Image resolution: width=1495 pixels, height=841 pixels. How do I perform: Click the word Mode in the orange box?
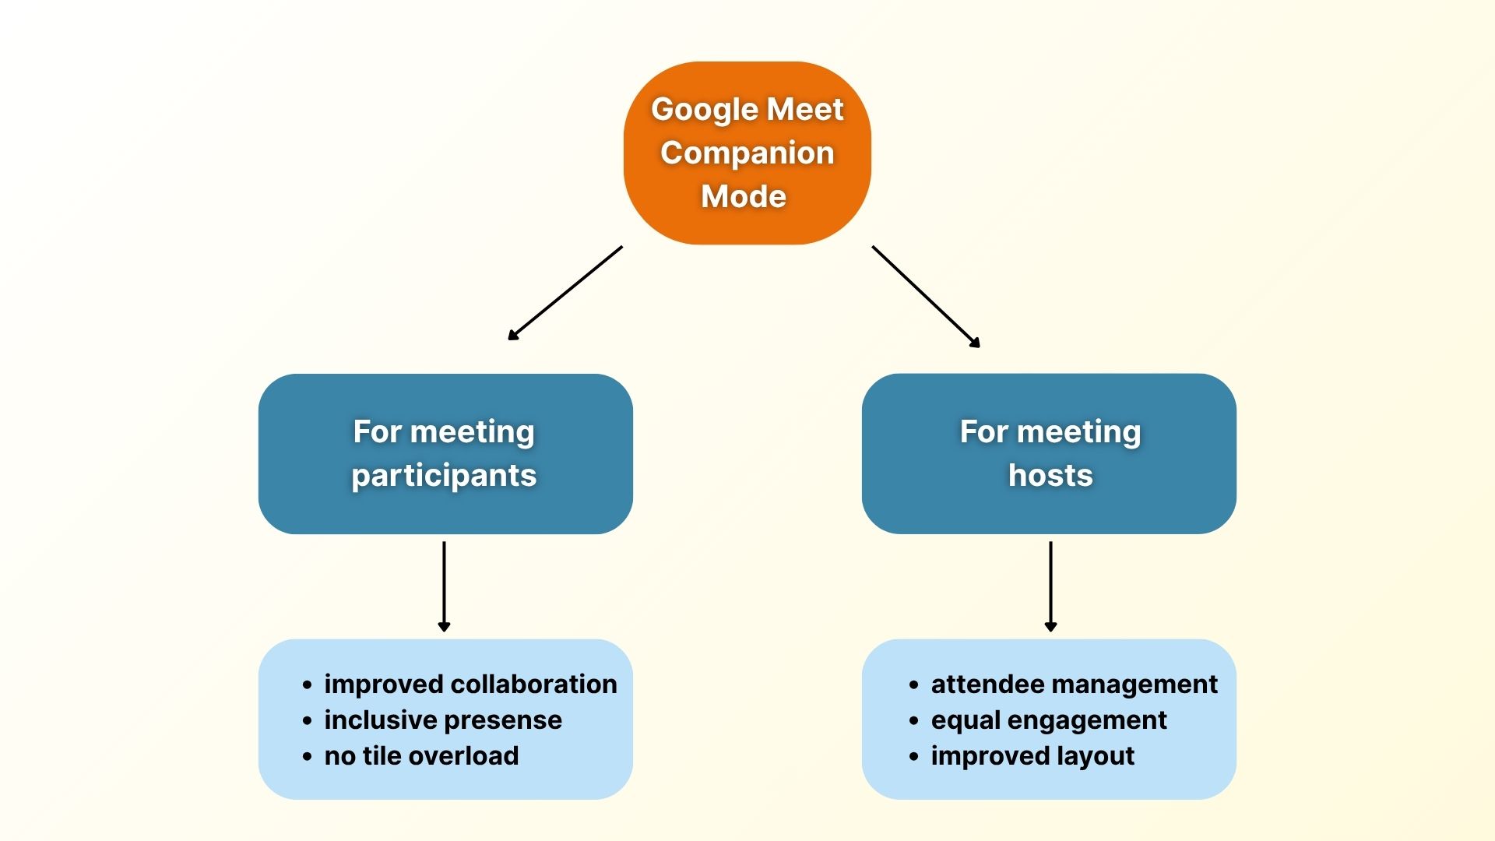coord(743,196)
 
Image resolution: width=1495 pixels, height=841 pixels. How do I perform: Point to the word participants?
coord(444,475)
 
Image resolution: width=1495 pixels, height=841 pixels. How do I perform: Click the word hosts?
coord(1050,475)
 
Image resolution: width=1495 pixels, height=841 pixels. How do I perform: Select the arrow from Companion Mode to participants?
coord(565,293)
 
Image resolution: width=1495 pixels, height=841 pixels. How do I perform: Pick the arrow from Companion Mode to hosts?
coord(926,296)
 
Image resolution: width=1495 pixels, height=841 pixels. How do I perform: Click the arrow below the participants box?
coord(444,586)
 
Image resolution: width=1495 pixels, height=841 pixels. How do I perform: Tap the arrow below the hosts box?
coord(1050,586)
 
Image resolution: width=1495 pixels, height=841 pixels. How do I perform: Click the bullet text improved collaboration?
coord(470,684)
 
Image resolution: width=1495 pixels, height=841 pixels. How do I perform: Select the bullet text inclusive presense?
coord(442,720)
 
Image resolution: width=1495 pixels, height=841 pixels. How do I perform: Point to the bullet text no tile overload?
coord(421,755)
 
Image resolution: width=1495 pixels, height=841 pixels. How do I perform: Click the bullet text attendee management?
coord(1074,684)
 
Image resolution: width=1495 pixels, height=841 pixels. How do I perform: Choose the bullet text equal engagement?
coord(1048,720)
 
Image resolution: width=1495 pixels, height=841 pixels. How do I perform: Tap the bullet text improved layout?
coord(1032,755)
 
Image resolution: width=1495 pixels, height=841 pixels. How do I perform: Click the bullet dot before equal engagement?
coord(914,721)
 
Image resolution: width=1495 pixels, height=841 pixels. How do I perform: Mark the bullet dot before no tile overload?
coord(308,757)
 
